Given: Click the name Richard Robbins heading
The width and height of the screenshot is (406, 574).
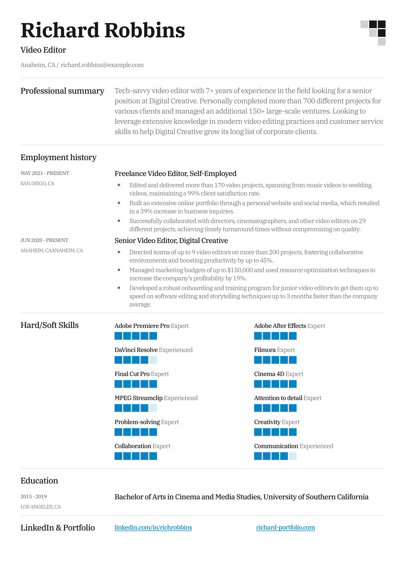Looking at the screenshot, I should (x=103, y=30).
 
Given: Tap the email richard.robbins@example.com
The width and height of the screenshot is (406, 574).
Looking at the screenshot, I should (x=102, y=65).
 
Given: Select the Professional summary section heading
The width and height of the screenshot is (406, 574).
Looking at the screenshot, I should (x=62, y=91).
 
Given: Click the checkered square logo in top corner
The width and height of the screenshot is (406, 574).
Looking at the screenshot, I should (x=373, y=33).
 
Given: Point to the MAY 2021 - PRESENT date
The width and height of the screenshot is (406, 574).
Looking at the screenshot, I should (x=45, y=173).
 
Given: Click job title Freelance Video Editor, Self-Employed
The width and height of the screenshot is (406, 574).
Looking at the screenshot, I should (x=175, y=173).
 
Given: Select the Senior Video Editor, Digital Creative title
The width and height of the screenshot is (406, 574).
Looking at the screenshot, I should (x=171, y=240).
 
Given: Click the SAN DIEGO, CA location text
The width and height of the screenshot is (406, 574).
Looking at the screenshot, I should (x=37, y=183).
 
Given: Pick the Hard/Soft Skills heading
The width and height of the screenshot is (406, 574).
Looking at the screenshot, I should (x=49, y=325).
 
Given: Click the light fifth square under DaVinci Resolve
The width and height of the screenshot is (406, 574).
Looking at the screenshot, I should (x=153, y=360).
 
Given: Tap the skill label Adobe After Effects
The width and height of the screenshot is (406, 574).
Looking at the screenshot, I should (x=280, y=326).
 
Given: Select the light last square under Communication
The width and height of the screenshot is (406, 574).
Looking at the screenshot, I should (x=292, y=456).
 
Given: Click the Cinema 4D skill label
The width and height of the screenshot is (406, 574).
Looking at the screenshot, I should (x=269, y=374).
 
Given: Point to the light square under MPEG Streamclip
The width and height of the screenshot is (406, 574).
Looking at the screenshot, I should (x=153, y=408).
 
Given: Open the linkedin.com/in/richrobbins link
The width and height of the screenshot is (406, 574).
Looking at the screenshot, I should (x=153, y=527).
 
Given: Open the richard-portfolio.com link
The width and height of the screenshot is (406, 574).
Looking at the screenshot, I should (x=285, y=527).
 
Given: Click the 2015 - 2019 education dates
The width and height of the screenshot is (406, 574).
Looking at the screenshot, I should (x=33, y=496).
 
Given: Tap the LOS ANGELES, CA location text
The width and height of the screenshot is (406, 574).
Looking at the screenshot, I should (x=40, y=507).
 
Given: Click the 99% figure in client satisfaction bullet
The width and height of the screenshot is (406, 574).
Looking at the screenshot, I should (x=193, y=193).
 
